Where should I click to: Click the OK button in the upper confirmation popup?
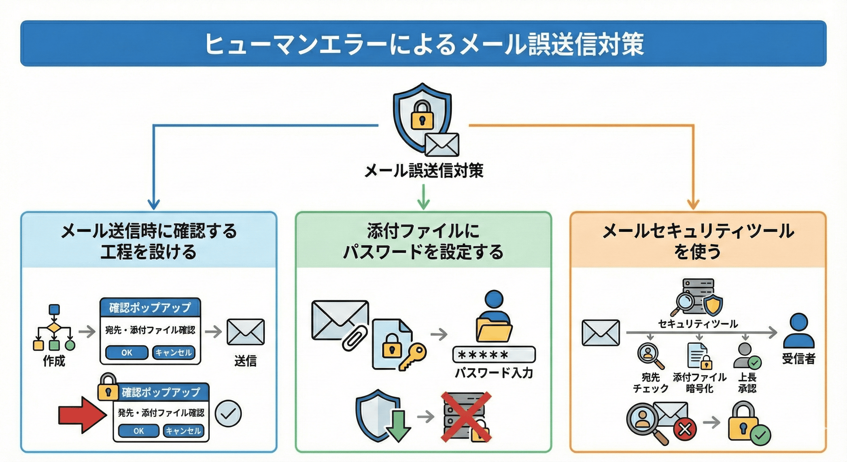[x=127, y=353]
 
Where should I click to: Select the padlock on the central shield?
[x=422, y=115]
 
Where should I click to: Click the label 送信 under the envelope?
[x=245, y=361]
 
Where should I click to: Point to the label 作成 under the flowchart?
[x=54, y=361]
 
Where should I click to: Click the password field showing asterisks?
[x=494, y=355]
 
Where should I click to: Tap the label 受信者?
[x=798, y=359]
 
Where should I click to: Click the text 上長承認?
[x=747, y=383]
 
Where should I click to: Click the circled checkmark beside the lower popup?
[x=228, y=414]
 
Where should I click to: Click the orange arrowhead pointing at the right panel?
[x=693, y=204]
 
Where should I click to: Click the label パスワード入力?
[x=494, y=373]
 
